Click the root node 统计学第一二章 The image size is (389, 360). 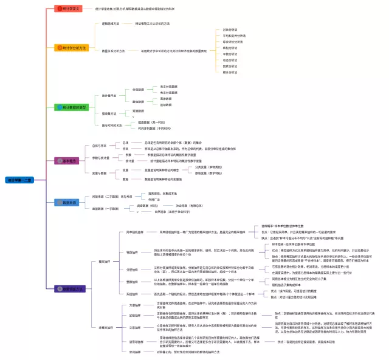tap(19, 180)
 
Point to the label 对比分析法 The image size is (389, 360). tap(230, 30)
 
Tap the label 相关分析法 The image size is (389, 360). tap(230, 72)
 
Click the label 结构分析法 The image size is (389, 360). tap(230, 48)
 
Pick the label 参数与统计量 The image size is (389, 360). tap(101, 158)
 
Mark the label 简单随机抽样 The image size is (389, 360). tap(135, 232)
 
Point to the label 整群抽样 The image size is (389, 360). tap(132, 282)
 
